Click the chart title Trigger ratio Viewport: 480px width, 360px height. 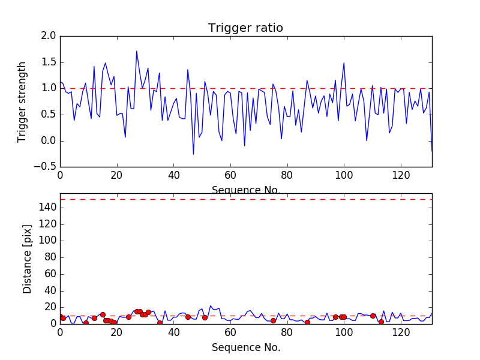point(245,28)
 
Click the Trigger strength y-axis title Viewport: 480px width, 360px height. point(22,101)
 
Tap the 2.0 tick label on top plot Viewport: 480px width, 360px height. point(49,36)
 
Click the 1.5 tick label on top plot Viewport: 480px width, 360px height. point(49,62)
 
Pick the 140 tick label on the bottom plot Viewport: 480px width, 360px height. point(47,208)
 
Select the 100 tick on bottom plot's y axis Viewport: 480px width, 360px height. point(47,241)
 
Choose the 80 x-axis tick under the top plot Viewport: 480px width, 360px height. point(287,176)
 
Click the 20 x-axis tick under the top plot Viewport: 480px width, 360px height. point(116,176)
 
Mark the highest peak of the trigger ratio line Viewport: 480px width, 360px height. point(137,51)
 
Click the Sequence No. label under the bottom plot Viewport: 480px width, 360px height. point(245,347)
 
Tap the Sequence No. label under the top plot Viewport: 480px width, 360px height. point(245,190)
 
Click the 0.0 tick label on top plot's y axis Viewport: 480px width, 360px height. point(49,141)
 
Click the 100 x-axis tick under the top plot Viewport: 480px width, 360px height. point(344,176)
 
